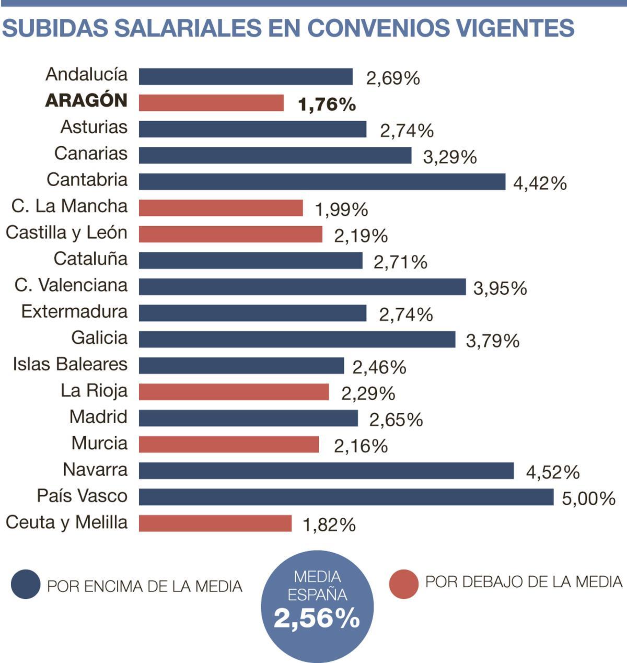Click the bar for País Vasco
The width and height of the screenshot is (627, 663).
point(346,497)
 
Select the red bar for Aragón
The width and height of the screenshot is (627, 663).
point(211,103)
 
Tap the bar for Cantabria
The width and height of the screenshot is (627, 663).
point(322,182)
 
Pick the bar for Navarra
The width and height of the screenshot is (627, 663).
point(326,471)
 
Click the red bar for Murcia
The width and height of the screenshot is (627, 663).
point(229,445)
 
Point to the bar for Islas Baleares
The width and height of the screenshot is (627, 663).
point(241,366)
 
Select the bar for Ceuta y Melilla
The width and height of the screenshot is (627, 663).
point(215,523)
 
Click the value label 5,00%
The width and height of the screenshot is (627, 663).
point(588,498)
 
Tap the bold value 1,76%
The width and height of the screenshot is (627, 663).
point(327,104)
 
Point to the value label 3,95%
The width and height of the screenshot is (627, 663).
point(500,288)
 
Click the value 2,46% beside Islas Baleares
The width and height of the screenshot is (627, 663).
point(379,367)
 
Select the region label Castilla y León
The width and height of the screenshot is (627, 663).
point(66,232)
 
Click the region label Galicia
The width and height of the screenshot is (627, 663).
point(99,338)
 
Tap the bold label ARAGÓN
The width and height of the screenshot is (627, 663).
point(87,100)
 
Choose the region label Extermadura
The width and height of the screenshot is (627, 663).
point(74,311)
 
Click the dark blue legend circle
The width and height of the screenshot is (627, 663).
point(26,584)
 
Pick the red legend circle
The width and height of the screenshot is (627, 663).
point(403,584)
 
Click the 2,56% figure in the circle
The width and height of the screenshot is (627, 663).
point(317,619)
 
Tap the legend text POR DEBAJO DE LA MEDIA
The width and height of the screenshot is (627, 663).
point(524,581)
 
